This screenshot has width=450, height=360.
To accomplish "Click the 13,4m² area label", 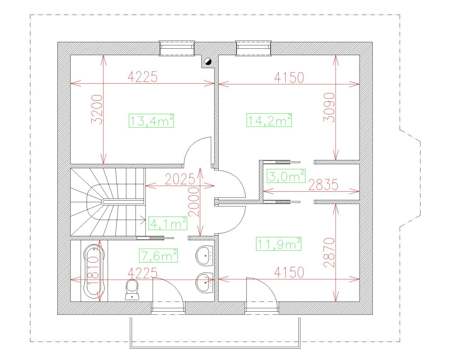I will coord(151,121).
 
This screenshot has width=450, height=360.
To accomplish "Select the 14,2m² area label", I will coord(269,121).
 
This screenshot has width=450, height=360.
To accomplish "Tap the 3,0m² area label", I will coord(286,176).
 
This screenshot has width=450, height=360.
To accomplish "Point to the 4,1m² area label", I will coord(168,224).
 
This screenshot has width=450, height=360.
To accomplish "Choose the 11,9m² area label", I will coord(279,244).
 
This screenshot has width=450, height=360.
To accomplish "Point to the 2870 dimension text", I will coord(329,252).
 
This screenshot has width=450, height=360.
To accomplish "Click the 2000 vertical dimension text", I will coord(194,201).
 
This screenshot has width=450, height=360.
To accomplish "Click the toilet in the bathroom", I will coord(132,289).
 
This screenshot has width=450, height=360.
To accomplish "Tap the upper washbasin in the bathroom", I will coord(205,256).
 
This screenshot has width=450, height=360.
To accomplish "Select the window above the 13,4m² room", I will coord(177,48).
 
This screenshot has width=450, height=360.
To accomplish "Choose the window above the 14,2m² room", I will coord(253,48).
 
